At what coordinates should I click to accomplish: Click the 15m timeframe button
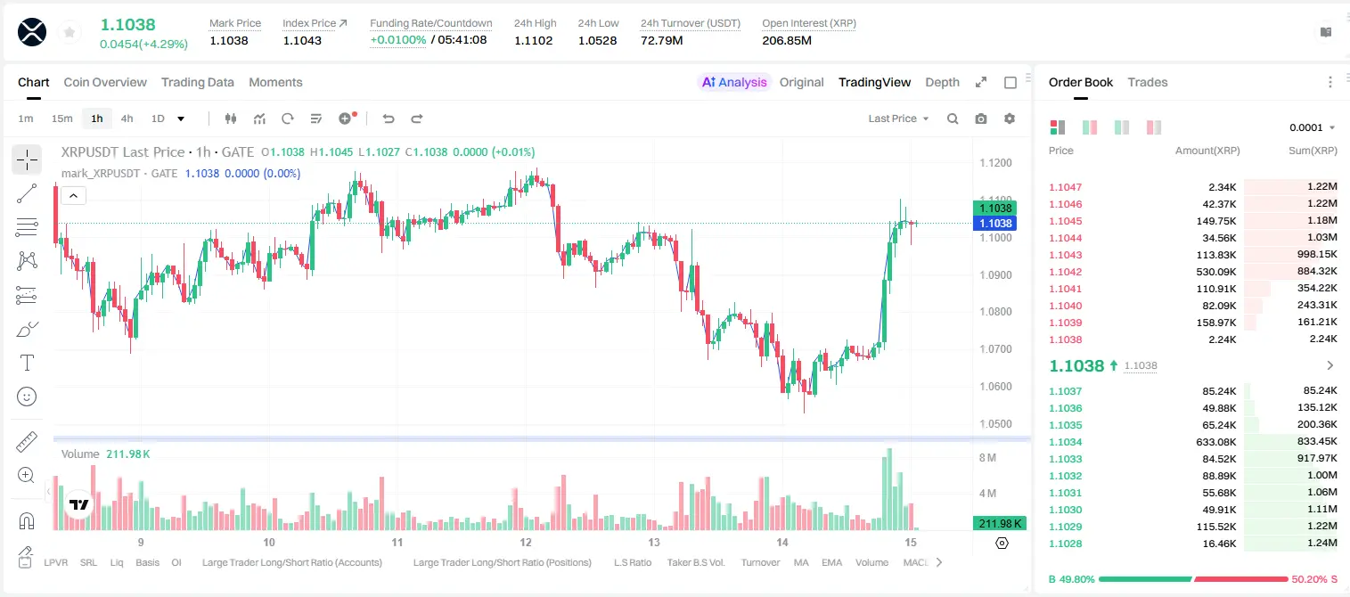(x=62, y=119)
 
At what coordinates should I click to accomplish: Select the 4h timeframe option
(x=127, y=119)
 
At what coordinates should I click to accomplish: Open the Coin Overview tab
(x=105, y=82)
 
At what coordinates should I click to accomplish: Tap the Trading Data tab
(x=198, y=82)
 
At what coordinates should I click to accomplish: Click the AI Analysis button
(x=734, y=82)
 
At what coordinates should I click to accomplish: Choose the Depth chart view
(x=942, y=82)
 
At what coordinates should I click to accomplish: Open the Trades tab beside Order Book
(x=1148, y=82)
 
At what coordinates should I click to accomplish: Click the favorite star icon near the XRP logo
(x=70, y=32)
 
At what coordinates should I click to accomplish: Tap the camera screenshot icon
(x=981, y=119)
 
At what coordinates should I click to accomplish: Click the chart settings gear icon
(x=1010, y=119)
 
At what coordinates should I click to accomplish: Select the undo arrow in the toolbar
(x=389, y=119)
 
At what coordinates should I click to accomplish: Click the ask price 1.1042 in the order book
(x=1066, y=272)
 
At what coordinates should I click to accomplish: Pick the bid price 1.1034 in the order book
(x=1066, y=442)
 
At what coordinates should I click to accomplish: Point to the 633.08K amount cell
(x=1216, y=442)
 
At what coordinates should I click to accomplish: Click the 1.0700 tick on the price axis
(x=995, y=348)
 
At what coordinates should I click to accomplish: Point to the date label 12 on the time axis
(x=526, y=542)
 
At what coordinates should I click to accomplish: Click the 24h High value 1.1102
(x=534, y=40)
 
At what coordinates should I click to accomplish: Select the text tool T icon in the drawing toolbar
(x=27, y=363)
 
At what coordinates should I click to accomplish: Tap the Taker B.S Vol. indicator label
(x=696, y=562)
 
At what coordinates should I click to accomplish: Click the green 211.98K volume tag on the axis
(x=1000, y=523)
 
